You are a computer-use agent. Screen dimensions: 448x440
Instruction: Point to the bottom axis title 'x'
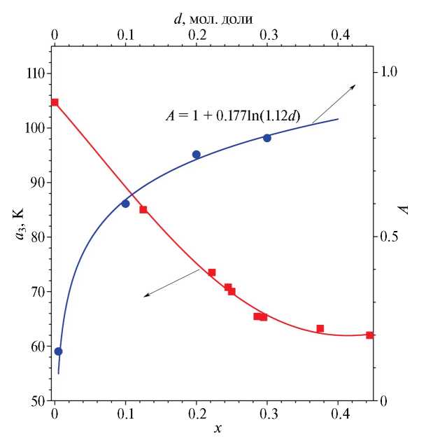click(218, 427)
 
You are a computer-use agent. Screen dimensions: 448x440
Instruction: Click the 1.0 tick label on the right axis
click(389, 72)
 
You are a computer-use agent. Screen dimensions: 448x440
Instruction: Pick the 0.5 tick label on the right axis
click(389, 237)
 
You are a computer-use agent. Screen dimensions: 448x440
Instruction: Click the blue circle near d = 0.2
click(197, 155)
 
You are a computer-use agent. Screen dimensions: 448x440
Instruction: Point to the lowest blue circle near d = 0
click(59, 351)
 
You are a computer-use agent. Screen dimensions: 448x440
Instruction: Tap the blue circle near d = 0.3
click(267, 138)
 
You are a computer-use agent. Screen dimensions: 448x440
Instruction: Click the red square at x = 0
click(55, 103)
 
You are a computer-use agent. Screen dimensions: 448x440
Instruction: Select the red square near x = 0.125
click(143, 209)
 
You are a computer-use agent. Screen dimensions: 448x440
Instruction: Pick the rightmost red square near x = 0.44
click(369, 335)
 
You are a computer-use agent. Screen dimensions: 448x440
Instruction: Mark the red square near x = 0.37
click(320, 328)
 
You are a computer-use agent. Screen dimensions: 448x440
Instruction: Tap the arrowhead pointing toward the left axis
click(146, 295)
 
